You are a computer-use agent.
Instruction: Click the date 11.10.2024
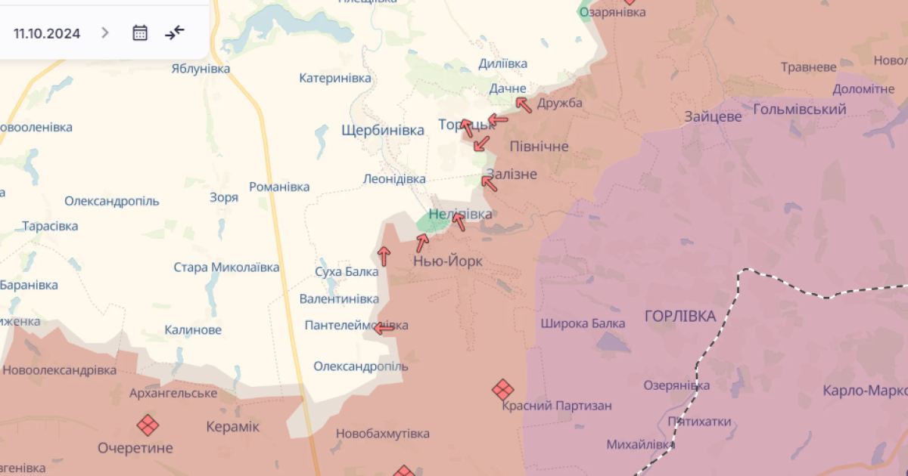(x=47, y=33)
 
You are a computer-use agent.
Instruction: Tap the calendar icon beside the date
(x=140, y=32)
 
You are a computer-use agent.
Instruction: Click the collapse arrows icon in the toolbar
(x=175, y=32)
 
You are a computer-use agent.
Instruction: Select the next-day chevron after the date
(x=105, y=32)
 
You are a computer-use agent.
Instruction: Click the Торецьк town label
(x=456, y=125)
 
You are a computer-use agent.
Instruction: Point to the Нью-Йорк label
(x=448, y=261)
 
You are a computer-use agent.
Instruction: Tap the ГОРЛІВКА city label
(x=680, y=316)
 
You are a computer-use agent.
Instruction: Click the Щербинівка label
(x=383, y=130)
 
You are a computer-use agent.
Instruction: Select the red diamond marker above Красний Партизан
(x=502, y=390)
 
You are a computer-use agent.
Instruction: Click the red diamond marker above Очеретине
(x=148, y=425)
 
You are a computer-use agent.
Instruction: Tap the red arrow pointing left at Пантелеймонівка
(x=384, y=329)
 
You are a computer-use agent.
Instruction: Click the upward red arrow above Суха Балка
(x=384, y=256)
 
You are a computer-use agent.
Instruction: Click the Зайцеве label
(x=713, y=117)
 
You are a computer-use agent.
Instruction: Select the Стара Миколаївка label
(x=226, y=267)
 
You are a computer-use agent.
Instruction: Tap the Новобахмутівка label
(x=383, y=434)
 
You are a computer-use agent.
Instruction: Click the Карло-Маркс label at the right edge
(x=865, y=391)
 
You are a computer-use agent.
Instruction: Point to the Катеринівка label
(x=335, y=78)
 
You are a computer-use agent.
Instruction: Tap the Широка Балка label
(x=583, y=323)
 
